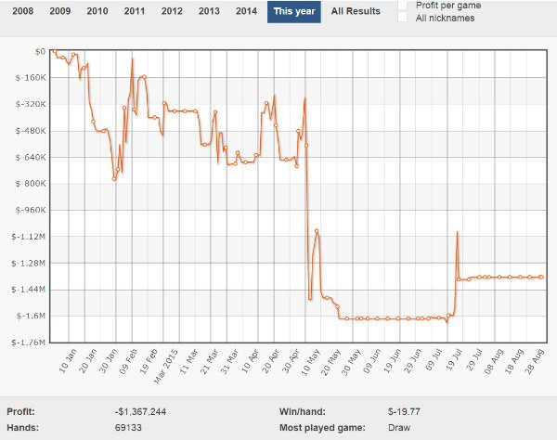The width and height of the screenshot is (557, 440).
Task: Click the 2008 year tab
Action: pyautogui.click(x=23, y=11)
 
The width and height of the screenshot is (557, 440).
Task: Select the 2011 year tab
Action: pyautogui.click(x=135, y=11)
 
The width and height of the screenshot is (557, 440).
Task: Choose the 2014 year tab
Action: pyautogui.click(x=246, y=11)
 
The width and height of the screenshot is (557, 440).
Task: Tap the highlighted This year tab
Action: pyautogui.click(x=294, y=11)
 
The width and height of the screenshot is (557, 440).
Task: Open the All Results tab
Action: pyautogui.click(x=356, y=11)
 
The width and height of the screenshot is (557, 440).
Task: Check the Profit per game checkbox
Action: pyautogui.click(x=402, y=6)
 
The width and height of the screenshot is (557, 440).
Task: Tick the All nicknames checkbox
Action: pyautogui.click(x=402, y=18)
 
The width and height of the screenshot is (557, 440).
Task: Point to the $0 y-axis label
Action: pyautogui.click(x=38, y=51)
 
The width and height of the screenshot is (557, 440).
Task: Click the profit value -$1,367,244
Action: pyautogui.click(x=140, y=410)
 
